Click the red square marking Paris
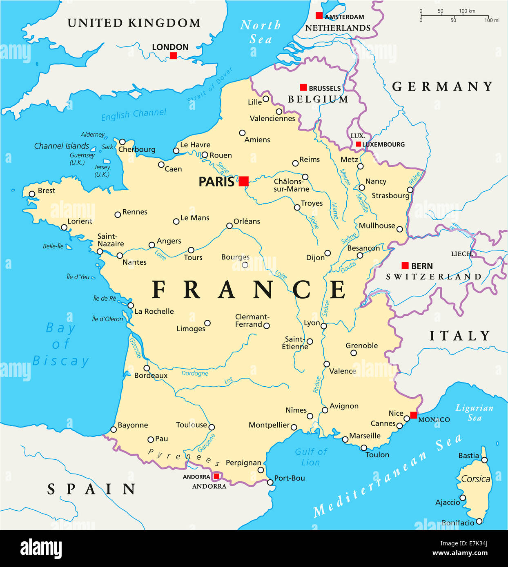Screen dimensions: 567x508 [243, 181]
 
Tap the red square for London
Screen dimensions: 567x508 [173, 55]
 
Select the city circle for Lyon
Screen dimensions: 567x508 [323, 326]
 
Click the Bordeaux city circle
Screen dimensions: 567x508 [147, 368]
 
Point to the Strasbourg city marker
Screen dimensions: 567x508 [410, 190]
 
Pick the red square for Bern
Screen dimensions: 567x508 [405, 266]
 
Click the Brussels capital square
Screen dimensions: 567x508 [303, 87]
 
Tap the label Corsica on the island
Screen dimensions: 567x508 [475, 479]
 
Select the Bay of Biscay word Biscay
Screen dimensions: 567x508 [60, 361]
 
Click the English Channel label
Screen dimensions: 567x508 [134, 115]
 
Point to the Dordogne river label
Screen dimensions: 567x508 [194, 373]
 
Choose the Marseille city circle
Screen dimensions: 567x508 [345, 439]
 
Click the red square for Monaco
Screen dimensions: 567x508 [414, 415]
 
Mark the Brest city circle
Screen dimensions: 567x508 [32, 194]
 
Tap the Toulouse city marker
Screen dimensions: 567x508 [212, 427]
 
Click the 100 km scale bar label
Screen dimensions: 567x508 [467, 11]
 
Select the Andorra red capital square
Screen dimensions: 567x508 [216, 476]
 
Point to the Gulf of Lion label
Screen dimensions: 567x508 [311, 457]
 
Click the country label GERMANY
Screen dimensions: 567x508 [442, 86]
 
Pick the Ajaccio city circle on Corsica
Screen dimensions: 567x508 [463, 498]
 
